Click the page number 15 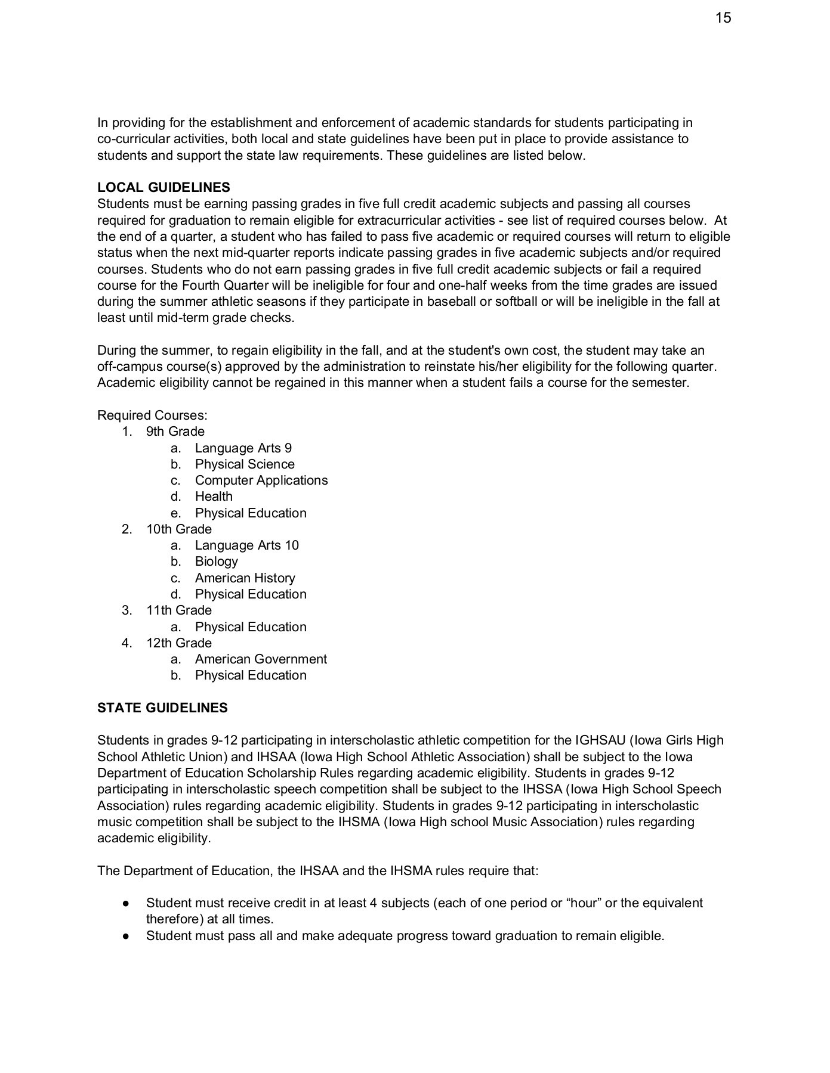[x=723, y=18]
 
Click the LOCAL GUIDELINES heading [x=163, y=188]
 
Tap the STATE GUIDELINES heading [x=162, y=708]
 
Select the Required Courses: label [x=152, y=415]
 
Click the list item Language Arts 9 [x=243, y=448]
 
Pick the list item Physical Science [x=244, y=464]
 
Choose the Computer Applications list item [x=261, y=480]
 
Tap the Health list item [x=214, y=497]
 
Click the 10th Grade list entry [x=178, y=529]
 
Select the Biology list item [x=216, y=562]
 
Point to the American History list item [x=245, y=578]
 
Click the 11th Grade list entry [x=178, y=610]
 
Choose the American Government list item [x=261, y=659]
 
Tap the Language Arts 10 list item [x=246, y=545]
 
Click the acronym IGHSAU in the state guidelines [x=600, y=741]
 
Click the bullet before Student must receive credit [x=126, y=904]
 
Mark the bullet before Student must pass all [x=126, y=936]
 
